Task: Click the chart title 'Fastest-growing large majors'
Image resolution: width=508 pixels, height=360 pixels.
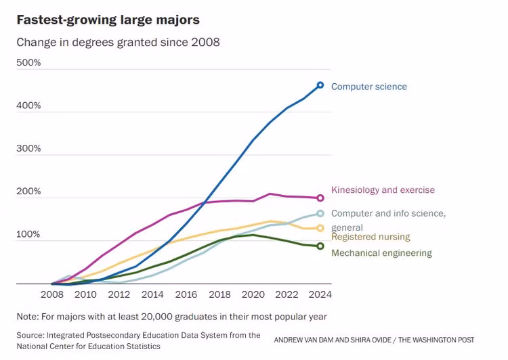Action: (108, 20)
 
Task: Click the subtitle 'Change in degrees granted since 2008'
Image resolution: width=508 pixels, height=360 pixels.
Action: (118, 42)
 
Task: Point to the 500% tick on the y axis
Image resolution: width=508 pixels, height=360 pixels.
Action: (29, 63)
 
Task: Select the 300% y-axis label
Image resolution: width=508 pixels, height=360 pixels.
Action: (29, 149)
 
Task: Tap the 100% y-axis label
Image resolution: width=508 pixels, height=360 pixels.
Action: (29, 234)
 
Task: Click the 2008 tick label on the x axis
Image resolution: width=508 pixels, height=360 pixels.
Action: (52, 295)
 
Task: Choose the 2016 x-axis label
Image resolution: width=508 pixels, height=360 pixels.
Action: (186, 295)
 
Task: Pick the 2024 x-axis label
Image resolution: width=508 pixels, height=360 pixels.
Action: (320, 295)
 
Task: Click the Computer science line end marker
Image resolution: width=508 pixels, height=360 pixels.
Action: (320, 86)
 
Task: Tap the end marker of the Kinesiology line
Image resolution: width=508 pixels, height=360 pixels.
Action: (320, 198)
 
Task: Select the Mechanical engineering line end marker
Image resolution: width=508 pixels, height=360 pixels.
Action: (320, 246)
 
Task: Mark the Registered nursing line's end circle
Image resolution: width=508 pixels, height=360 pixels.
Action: (320, 229)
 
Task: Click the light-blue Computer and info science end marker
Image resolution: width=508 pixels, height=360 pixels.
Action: (320, 214)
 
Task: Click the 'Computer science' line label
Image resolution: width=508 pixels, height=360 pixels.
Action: (369, 87)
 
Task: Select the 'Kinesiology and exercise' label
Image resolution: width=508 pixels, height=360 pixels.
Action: (383, 190)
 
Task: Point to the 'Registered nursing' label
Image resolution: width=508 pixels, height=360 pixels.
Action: (371, 237)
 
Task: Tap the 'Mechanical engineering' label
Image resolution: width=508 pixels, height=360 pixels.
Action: (381, 253)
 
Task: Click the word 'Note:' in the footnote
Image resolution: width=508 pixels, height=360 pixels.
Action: (28, 317)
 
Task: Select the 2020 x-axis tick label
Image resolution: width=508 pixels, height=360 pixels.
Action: (253, 295)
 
